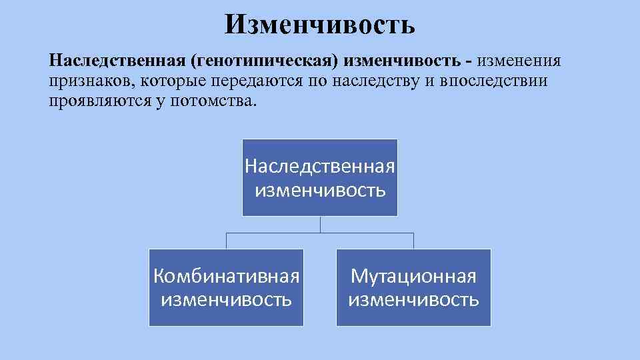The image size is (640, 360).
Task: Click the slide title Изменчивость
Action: pos(320,25)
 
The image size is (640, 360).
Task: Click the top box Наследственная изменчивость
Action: pos(320,177)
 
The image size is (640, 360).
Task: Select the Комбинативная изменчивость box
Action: pos(226,287)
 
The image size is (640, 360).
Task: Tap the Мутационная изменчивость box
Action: pos(413,287)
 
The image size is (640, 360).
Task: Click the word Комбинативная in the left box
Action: pos(226,276)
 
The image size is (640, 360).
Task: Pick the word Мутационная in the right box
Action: pos(413,276)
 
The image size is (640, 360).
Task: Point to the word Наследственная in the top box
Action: pos(320,165)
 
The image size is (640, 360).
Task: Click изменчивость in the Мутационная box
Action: pos(413,299)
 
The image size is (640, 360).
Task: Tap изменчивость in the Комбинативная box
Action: pos(226,299)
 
